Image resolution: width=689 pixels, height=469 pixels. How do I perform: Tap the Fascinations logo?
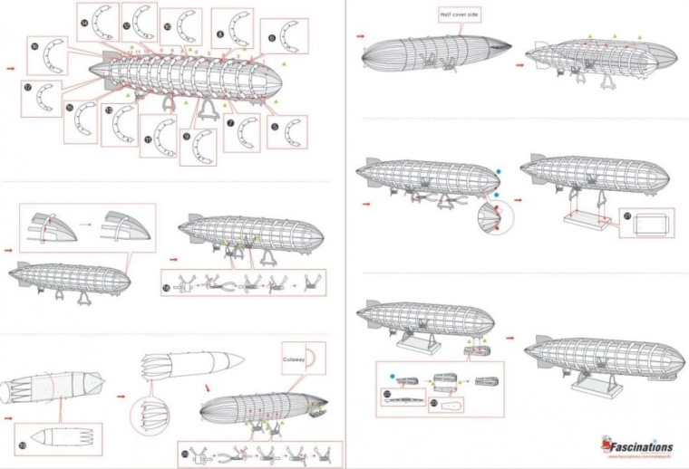click(x=636, y=445)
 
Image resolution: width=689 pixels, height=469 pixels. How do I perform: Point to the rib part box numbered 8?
click(x=232, y=28)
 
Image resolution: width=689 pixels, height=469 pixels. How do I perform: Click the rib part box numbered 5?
click(x=287, y=130)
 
